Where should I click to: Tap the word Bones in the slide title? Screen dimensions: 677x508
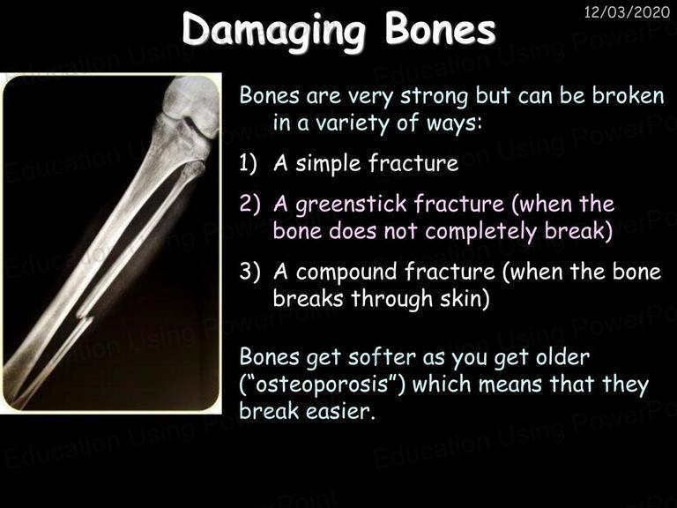(440, 28)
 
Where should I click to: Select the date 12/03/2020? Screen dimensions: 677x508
(627, 11)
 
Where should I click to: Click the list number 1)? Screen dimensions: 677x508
(249, 163)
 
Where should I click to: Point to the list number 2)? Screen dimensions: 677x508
(250, 203)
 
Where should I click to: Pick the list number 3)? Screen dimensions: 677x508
(250, 272)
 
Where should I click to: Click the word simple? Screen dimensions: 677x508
(328, 165)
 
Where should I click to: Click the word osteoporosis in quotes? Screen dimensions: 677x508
(322, 385)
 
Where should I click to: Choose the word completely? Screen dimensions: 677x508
(481, 232)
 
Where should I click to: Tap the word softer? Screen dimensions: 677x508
(382, 357)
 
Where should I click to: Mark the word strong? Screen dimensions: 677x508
(434, 97)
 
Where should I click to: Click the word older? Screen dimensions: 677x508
(562, 357)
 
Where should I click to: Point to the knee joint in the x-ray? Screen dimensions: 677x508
(190, 117)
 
